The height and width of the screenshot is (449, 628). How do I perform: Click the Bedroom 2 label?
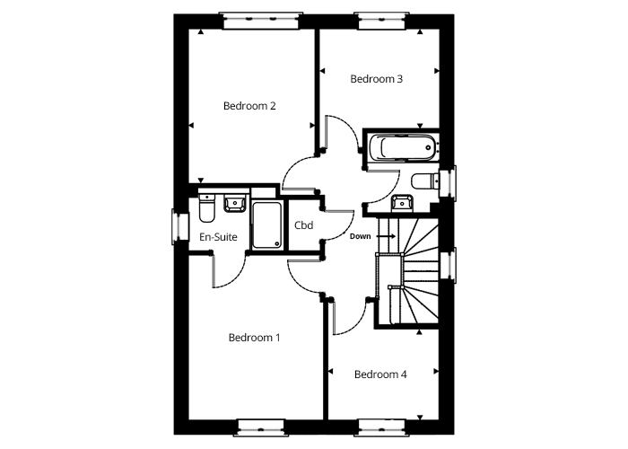click(249, 106)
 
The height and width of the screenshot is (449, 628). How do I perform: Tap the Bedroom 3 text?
click(376, 79)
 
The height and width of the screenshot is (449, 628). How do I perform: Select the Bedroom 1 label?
click(254, 338)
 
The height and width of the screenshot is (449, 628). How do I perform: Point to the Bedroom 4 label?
click(380, 374)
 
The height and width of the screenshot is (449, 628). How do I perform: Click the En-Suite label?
click(218, 237)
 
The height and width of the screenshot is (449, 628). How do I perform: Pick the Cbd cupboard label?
click(303, 225)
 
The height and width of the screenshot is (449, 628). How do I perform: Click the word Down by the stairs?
click(360, 236)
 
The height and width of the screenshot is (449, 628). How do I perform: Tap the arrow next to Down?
click(386, 236)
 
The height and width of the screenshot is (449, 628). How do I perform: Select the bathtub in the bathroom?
click(402, 147)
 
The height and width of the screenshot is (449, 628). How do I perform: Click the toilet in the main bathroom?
click(425, 181)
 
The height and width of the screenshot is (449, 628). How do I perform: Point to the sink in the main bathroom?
click(402, 203)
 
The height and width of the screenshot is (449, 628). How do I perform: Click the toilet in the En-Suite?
click(206, 207)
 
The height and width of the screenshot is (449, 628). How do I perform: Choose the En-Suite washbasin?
click(235, 202)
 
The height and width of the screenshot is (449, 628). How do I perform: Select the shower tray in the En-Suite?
click(266, 224)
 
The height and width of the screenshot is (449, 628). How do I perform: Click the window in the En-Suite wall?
click(180, 226)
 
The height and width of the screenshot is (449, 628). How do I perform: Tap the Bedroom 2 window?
click(261, 21)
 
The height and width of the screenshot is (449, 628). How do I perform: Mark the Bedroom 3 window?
click(382, 21)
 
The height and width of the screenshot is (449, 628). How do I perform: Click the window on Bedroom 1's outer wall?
click(261, 427)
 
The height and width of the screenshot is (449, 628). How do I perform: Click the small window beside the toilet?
click(448, 182)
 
